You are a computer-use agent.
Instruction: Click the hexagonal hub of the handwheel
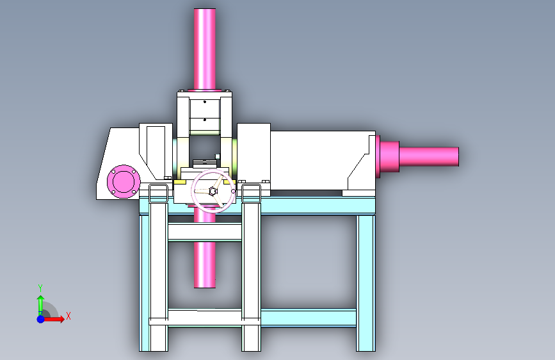(x=213, y=192)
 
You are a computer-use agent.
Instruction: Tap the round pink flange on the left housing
(x=124, y=181)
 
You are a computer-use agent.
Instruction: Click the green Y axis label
(x=40, y=288)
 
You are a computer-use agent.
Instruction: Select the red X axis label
(x=68, y=316)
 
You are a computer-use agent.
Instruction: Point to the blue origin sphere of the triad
(x=41, y=319)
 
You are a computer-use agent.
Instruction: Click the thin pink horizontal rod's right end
(x=458, y=156)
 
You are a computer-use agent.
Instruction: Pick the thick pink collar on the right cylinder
(x=389, y=156)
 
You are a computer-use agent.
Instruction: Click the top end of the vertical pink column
(x=205, y=9)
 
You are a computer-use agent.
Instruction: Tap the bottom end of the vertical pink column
(x=205, y=287)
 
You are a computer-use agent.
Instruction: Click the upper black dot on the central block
(x=205, y=102)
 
